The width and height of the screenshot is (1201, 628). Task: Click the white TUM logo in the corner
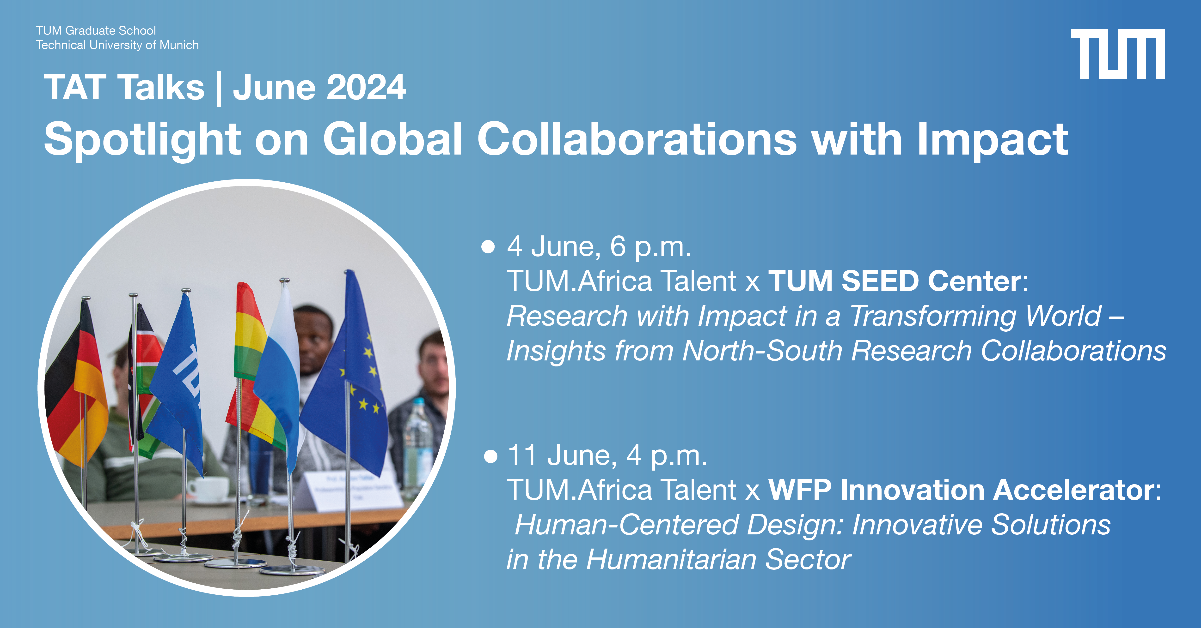tap(1118, 54)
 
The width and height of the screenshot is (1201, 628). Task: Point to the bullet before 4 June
tap(488, 246)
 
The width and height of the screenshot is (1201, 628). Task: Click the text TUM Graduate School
tap(96, 31)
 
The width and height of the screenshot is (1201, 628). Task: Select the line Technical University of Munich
tap(117, 45)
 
